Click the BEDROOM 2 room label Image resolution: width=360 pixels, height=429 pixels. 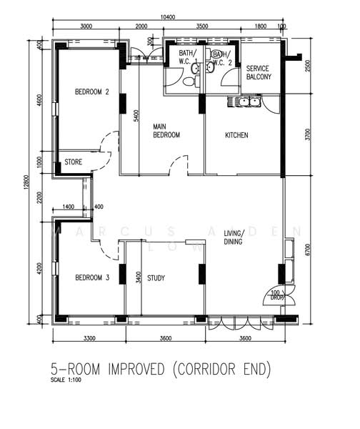[x=92, y=92]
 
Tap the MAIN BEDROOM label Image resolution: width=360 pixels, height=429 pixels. [x=166, y=131]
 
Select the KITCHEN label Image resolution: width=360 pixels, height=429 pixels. [x=236, y=135]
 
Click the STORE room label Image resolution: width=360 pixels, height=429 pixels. [x=74, y=162]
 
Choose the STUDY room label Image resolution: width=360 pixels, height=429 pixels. [x=156, y=279]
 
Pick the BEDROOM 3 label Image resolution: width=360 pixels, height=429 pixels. [x=92, y=279]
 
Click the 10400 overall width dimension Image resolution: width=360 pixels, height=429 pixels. [x=169, y=16]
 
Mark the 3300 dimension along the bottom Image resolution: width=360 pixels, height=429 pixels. [x=89, y=337]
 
